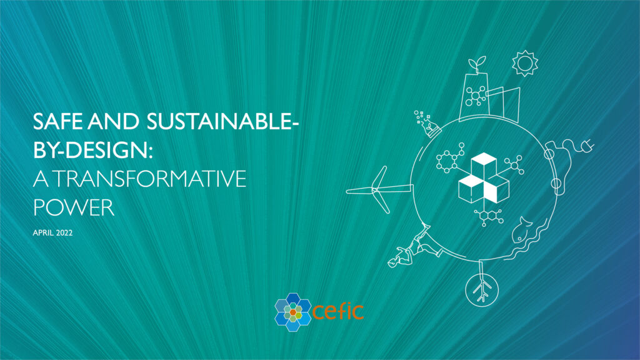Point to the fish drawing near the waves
coord(522,231)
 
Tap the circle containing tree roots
coord(482,287)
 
